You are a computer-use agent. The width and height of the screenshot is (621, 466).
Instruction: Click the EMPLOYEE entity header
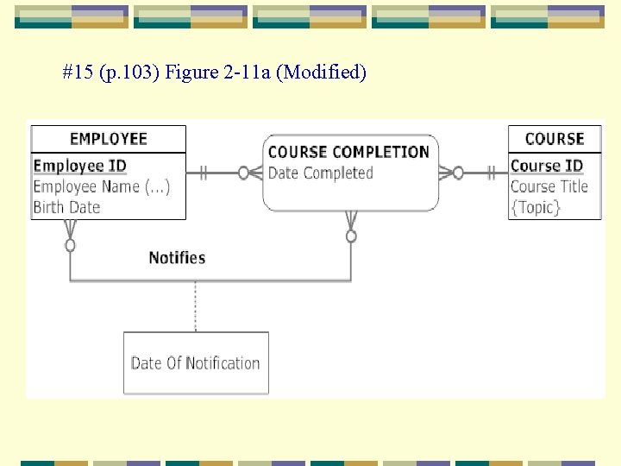coord(108,139)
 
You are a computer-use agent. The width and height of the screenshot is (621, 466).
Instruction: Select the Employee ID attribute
coord(79,166)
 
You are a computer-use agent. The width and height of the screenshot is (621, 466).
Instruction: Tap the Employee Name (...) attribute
coord(101,186)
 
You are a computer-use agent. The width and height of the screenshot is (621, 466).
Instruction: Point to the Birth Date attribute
coord(66,207)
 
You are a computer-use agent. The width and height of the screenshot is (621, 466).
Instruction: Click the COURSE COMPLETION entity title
coord(348,152)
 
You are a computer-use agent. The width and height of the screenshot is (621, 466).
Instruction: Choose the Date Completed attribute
coord(320,173)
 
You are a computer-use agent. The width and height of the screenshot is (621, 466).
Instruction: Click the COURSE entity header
coord(554,139)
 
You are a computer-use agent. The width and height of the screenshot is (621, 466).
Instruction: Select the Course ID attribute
coord(546,166)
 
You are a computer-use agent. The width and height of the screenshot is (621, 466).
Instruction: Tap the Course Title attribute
coord(549,186)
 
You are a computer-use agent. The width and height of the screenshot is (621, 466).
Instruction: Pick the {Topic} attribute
coord(536,207)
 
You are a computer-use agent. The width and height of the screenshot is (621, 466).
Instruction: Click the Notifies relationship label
coord(177,258)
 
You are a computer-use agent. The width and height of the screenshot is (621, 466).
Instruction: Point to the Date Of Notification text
coord(195,363)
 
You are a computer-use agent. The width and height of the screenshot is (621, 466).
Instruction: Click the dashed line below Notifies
coord(196,306)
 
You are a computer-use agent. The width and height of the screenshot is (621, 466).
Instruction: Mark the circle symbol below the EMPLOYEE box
coord(71,245)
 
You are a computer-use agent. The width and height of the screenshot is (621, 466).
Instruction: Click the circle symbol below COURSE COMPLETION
coord(351,236)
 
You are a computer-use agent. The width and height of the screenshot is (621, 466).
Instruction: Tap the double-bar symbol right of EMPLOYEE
coord(204,173)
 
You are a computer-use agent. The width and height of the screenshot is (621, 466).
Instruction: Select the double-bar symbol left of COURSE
coord(491,173)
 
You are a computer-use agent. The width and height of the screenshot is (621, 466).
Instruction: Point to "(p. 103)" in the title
coord(129,72)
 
